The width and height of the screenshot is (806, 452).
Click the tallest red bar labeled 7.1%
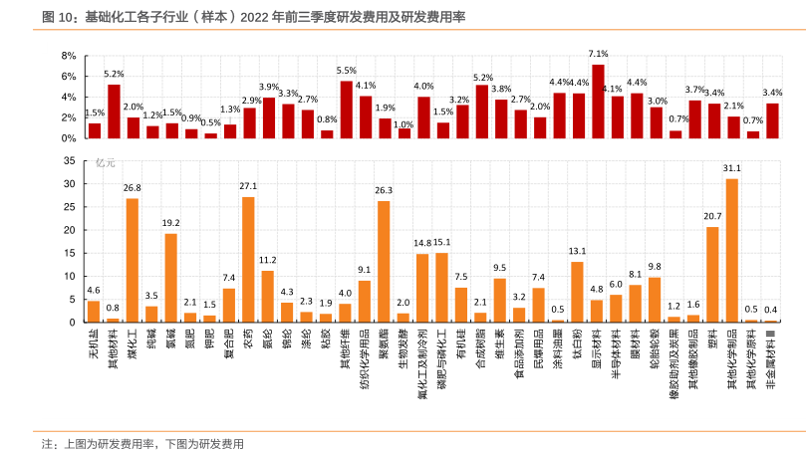598,101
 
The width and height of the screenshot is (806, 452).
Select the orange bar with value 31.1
732,250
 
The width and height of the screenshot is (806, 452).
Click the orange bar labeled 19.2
170,278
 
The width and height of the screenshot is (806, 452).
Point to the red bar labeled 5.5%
346,110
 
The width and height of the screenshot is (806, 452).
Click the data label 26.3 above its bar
384,190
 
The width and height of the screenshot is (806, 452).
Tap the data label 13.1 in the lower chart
577,251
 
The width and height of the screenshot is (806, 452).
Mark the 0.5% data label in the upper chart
210,122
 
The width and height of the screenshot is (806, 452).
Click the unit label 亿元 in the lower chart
105,162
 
